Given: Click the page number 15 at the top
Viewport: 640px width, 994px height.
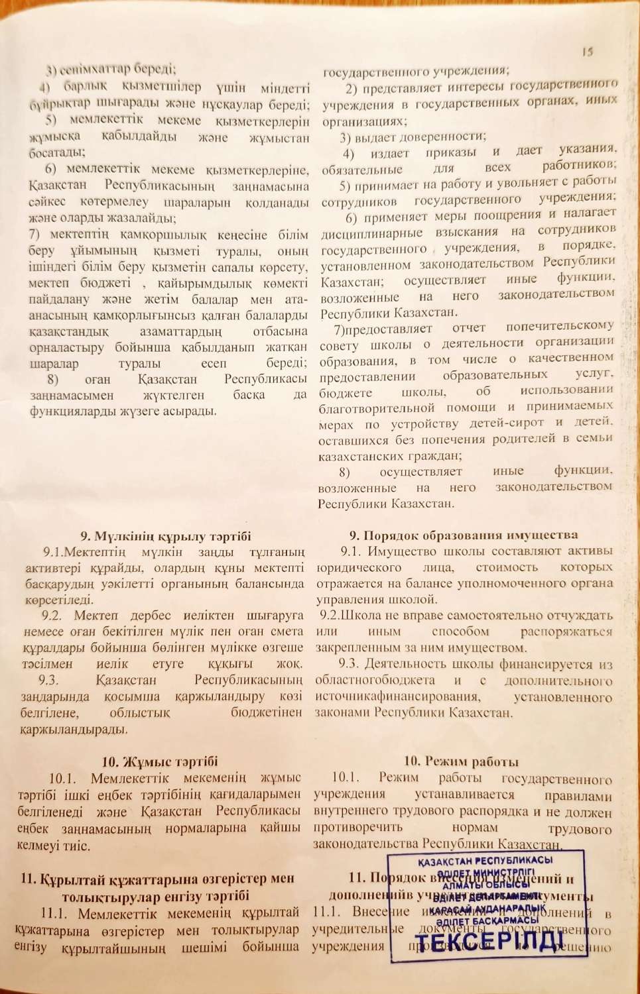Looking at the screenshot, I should click(587, 52).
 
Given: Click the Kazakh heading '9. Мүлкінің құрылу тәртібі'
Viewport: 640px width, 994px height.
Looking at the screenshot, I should click(166, 536).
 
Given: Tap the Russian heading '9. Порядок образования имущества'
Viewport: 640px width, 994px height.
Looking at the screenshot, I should click(464, 535).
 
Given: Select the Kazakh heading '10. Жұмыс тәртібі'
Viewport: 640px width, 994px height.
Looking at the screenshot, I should click(159, 761).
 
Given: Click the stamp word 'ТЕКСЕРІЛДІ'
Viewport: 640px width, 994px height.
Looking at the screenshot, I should click(489, 940).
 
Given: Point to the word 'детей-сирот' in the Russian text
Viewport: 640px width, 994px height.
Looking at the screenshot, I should click(504, 423).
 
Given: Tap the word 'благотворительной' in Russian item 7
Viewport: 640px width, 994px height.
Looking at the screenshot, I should click(378, 408).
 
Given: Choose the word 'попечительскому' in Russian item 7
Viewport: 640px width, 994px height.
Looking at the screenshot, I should click(559, 326).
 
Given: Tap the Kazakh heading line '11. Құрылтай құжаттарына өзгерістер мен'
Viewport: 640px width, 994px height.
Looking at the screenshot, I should click(157, 879).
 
